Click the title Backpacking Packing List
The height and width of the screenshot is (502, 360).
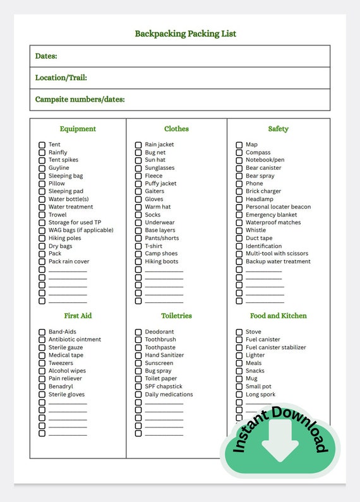(185, 33)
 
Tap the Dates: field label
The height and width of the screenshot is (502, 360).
(46, 56)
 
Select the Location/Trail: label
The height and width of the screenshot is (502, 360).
(61, 78)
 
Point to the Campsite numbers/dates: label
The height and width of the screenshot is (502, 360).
(80, 99)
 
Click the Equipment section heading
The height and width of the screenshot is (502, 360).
(78, 129)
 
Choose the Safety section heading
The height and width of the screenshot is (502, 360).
(278, 129)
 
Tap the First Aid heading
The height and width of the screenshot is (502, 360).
(78, 316)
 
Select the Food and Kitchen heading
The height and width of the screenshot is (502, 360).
(278, 316)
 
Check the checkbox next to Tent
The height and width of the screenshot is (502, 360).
(42, 145)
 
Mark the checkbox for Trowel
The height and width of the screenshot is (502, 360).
(42, 215)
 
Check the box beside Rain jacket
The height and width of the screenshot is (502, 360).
(138, 145)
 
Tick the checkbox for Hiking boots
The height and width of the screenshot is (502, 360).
(138, 262)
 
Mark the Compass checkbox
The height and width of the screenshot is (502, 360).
(239, 153)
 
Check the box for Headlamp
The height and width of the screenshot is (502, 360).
(239, 200)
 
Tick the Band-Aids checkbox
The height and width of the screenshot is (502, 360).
(42, 332)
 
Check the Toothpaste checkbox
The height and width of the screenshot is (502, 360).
(138, 348)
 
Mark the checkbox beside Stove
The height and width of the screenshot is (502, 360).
(239, 332)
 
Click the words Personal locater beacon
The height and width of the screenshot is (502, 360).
(278, 207)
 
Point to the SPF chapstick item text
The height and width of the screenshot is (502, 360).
(164, 386)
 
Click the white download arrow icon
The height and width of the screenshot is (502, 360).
(280, 441)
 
